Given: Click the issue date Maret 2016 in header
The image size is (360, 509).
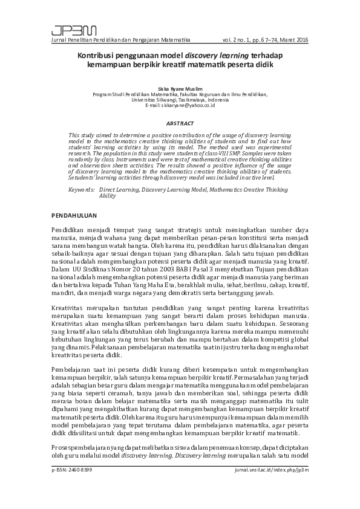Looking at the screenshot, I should pos(295,39).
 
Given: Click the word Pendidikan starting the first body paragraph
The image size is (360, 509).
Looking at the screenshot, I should pos(69,231).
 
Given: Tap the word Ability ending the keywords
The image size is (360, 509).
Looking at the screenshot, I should pos(107,196).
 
